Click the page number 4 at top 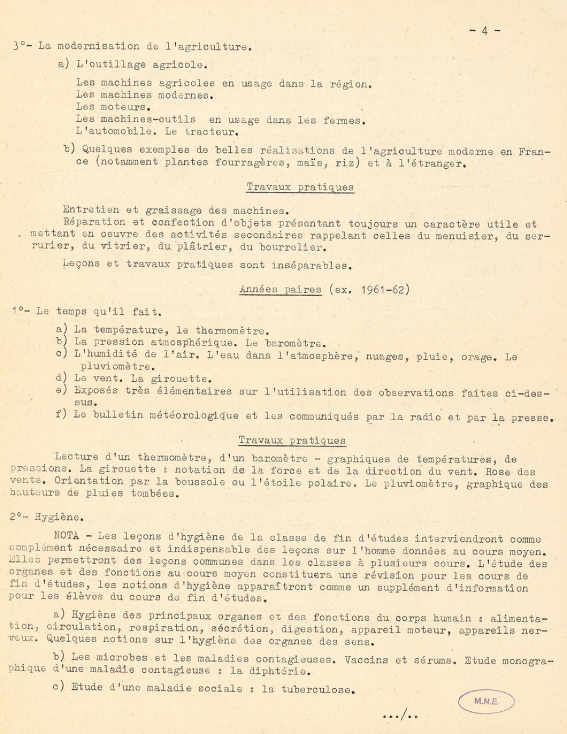(485, 32)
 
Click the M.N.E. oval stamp (486, 702)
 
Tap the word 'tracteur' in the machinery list (211, 132)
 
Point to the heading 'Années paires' (280, 289)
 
